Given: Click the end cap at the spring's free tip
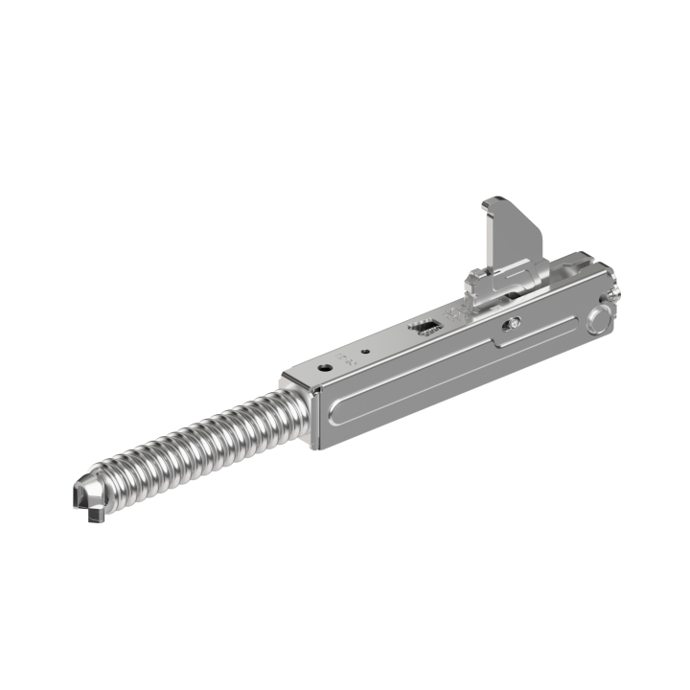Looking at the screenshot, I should pyautogui.click(x=83, y=494).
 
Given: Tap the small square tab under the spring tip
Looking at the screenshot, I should pyautogui.click(x=93, y=518).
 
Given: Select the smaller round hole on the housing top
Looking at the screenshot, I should pyautogui.click(x=366, y=352).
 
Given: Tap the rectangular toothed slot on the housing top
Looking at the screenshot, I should pyautogui.click(x=425, y=327).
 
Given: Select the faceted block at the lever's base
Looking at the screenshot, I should pyautogui.click(x=476, y=282).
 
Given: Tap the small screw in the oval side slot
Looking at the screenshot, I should pyautogui.click(x=515, y=323).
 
